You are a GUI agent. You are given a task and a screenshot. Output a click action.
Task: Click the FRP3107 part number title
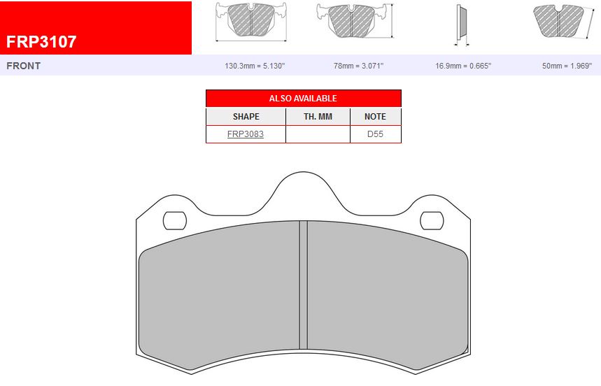tap(41, 42)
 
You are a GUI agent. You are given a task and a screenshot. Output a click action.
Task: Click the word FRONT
tap(23, 66)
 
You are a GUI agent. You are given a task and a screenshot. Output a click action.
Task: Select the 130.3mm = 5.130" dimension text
tap(255, 66)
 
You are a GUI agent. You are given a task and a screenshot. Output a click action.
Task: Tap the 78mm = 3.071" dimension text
tap(358, 66)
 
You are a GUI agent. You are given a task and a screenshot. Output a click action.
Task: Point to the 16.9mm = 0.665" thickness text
tap(463, 66)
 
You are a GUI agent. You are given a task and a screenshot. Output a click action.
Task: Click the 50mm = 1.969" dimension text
tap(567, 66)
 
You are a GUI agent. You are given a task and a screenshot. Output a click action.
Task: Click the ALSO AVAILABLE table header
tap(303, 99)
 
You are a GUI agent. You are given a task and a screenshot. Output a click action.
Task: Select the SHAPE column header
tap(246, 116)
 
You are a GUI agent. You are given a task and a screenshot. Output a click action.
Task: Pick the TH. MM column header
tap(318, 116)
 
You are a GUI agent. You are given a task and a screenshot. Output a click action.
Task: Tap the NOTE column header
tap(375, 116)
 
